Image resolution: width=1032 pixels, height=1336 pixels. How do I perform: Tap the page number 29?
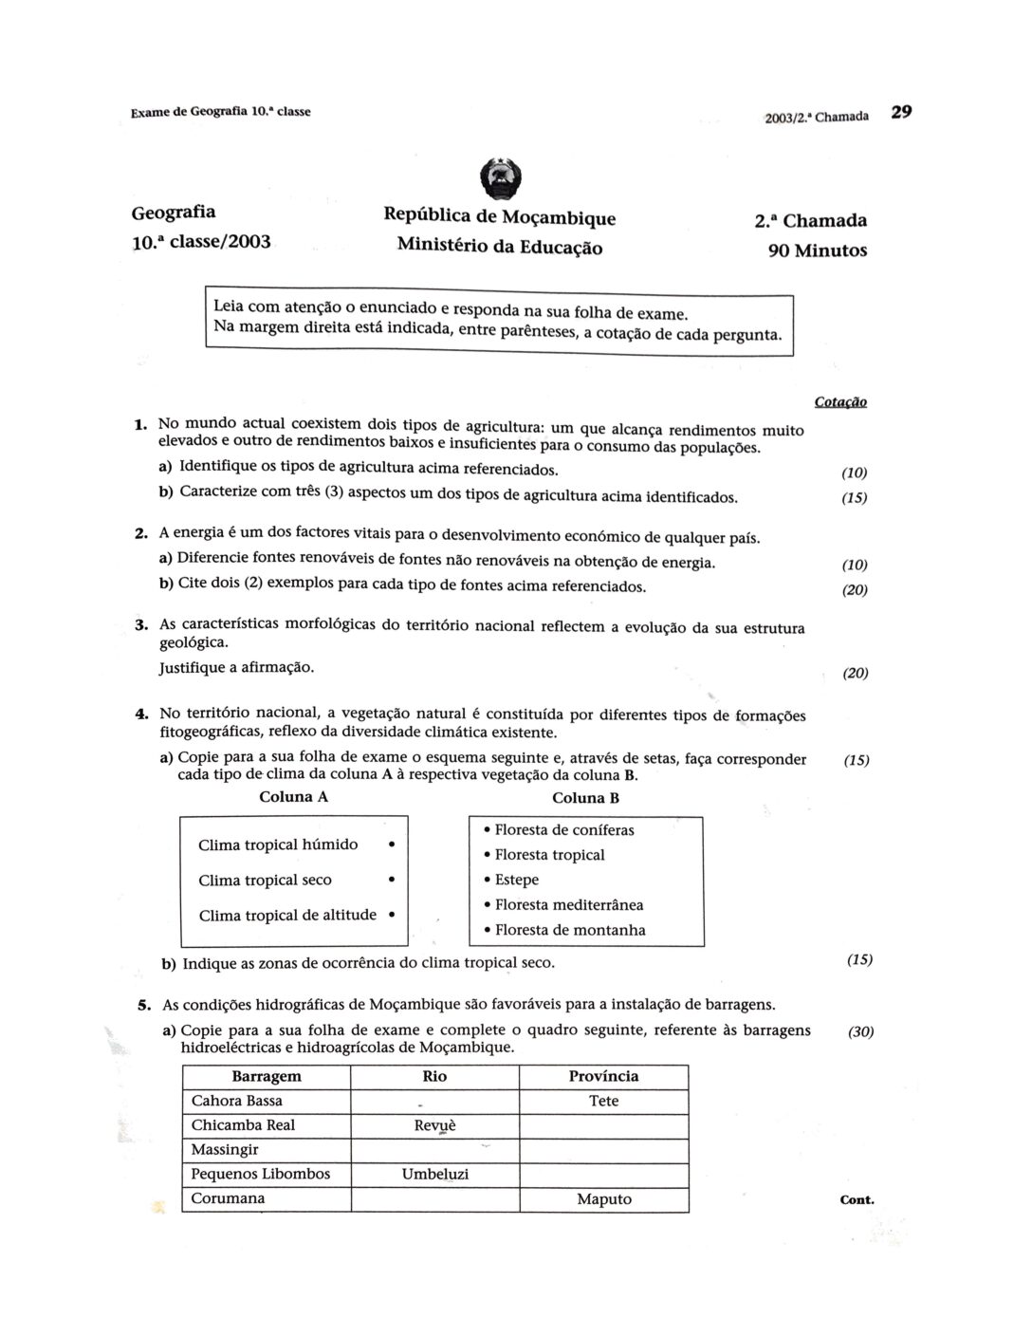(901, 112)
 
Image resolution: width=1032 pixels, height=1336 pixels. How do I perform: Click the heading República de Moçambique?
(499, 217)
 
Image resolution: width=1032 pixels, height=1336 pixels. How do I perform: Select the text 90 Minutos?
(818, 250)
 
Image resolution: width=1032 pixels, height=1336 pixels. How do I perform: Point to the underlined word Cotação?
(840, 402)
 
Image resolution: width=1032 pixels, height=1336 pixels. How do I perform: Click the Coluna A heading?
(294, 797)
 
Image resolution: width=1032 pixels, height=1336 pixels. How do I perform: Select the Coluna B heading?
(585, 798)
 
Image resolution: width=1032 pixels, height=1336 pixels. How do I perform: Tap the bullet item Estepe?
(516, 880)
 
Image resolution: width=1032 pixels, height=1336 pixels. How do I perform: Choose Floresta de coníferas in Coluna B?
(563, 830)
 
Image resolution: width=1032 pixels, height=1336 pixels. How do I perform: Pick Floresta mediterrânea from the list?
(568, 905)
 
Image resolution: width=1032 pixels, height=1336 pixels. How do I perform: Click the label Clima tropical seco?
(266, 881)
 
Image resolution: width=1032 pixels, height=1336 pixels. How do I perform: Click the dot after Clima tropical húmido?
(392, 844)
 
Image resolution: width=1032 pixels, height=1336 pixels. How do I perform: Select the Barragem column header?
(267, 1076)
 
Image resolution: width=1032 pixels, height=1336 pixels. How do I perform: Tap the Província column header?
(603, 1076)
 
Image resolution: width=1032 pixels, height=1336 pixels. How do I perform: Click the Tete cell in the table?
(603, 1101)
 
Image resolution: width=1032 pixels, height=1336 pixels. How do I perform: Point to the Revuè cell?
(434, 1125)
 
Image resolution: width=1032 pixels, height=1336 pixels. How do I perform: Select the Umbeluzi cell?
(434, 1175)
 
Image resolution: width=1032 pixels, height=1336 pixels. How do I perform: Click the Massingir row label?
(225, 1150)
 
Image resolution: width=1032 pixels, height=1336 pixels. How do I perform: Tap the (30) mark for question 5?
(860, 1031)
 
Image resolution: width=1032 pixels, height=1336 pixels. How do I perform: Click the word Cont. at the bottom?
(857, 1200)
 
